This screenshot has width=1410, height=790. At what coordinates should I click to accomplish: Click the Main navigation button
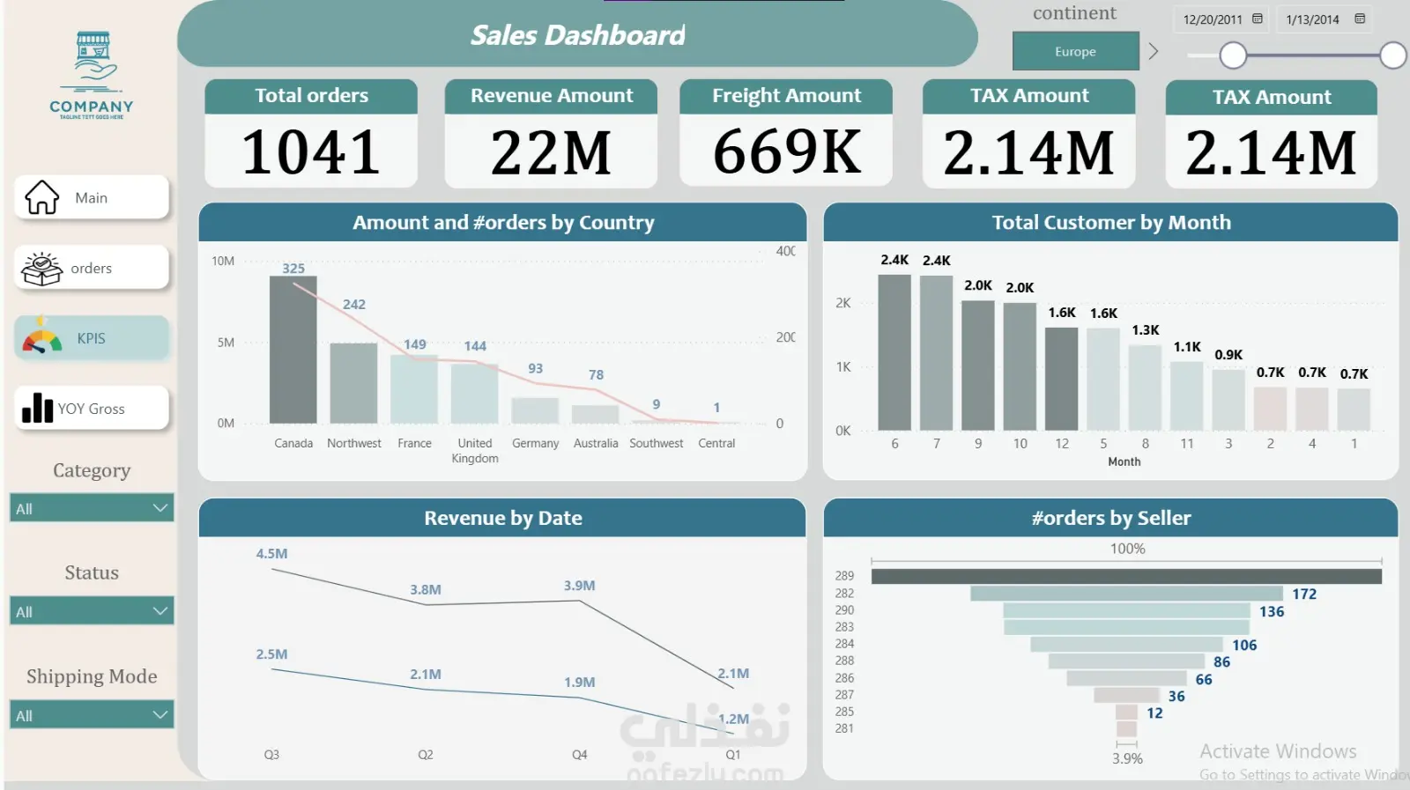91,198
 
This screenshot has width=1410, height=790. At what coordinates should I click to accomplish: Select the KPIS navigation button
91,339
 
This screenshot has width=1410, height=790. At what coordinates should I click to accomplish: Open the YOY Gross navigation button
91,409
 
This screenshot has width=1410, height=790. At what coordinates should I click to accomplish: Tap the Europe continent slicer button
1075,52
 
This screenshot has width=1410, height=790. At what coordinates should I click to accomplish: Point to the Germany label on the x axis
535,444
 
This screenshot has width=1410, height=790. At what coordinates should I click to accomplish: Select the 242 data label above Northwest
354,305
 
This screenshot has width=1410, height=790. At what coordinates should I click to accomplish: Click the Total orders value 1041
311,152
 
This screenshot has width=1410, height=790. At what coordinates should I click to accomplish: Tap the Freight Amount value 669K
786,152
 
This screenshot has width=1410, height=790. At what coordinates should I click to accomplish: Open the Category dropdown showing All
91,508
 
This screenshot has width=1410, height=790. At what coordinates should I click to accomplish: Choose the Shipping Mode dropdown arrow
160,714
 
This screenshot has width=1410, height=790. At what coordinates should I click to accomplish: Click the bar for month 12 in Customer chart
1062,379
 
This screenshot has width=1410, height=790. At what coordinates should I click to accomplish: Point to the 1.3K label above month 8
1146,330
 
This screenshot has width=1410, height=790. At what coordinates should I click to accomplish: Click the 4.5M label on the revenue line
271,554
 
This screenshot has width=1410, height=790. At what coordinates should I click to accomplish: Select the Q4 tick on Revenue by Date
579,755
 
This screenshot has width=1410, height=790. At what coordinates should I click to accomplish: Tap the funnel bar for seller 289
1126,576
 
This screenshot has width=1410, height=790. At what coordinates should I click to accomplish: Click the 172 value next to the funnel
1304,594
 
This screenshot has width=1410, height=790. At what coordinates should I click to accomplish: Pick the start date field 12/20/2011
1213,19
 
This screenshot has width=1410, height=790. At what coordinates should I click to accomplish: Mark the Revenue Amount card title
552,96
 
